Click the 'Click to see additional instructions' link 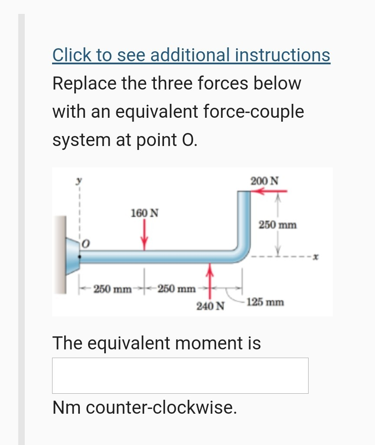point(191,55)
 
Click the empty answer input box point(180,375)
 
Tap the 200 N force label point(265,180)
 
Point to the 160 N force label point(145,213)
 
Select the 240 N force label point(211,306)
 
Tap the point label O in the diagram point(86,245)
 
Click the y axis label point(79,182)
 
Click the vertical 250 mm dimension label point(278,225)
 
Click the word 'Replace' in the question point(84,83)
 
